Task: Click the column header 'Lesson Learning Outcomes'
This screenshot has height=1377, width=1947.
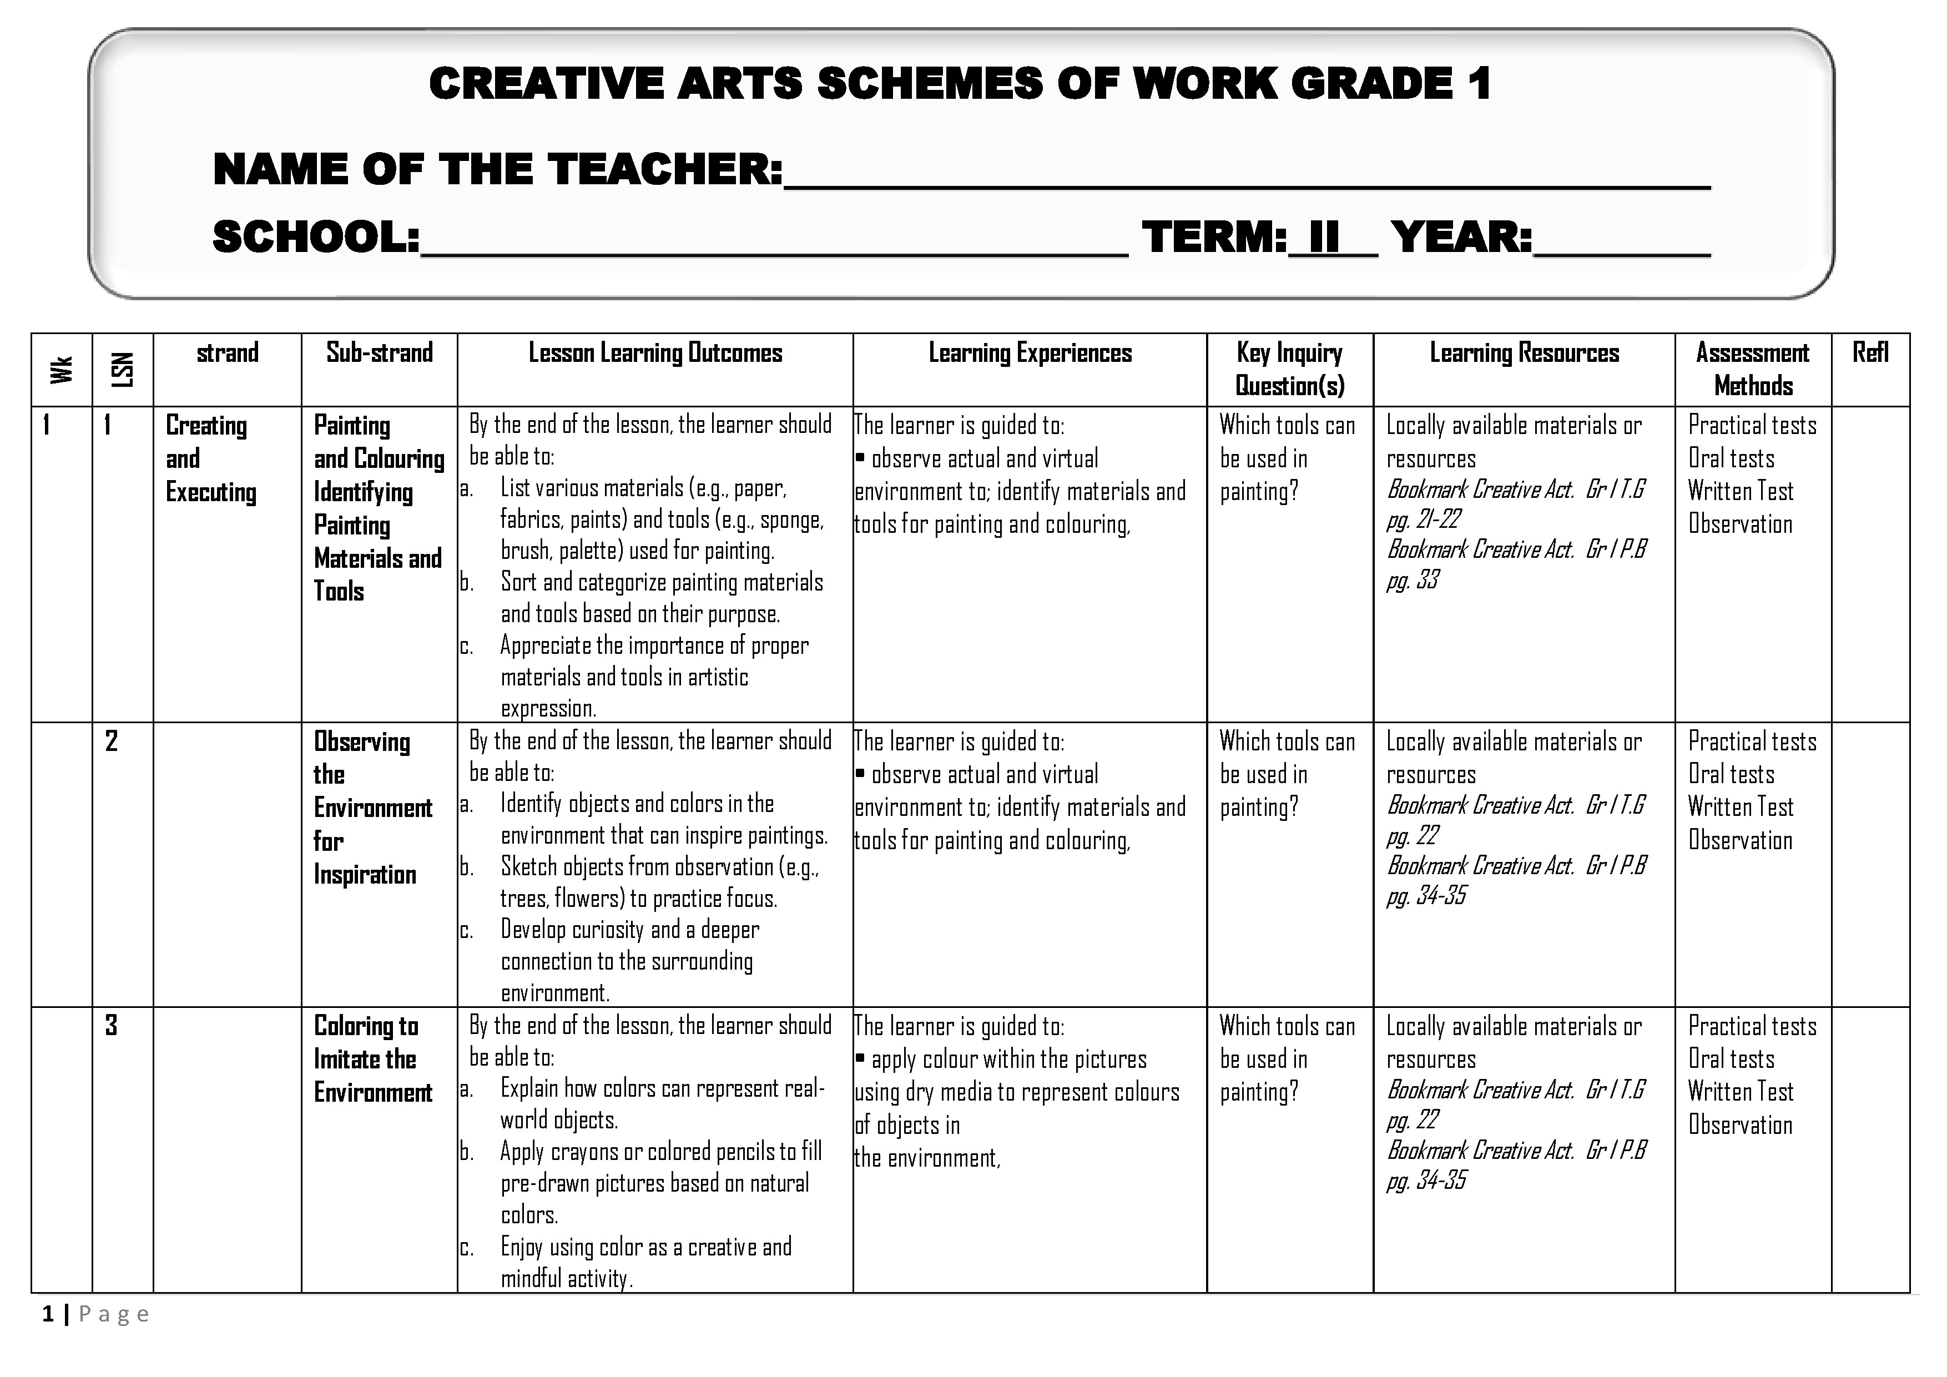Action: click(x=655, y=353)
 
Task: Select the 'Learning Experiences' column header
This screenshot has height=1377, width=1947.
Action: click(x=1030, y=353)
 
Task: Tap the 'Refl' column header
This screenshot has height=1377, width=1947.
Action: click(x=1870, y=353)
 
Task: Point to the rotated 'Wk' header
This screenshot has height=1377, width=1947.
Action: click(x=61, y=370)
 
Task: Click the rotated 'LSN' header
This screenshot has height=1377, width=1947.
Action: click(x=123, y=370)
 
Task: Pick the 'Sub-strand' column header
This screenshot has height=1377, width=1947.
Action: click(x=379, y=353)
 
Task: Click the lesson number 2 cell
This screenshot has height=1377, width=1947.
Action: click(x=111, y=741)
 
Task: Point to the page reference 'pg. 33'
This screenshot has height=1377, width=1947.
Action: click(x=1413, y=581)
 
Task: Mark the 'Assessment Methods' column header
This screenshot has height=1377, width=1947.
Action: click(x=1752, y=369)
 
